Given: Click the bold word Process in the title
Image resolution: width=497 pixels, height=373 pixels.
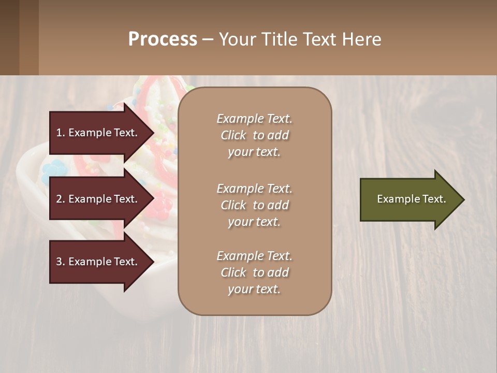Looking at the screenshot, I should pyautogui.click(x=163, y=39).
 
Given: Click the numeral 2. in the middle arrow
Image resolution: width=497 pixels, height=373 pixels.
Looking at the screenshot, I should pyautogui.click(x=60, y=199).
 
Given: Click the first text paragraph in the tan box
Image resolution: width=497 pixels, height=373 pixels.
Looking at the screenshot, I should pyautogui.click(x=254, y=135).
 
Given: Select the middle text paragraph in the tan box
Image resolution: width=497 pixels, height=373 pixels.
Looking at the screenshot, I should pyautogui.click(x=254, y=205).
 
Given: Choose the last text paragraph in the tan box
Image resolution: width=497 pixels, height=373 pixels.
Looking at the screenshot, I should pyautogui.click(x=254, y=272).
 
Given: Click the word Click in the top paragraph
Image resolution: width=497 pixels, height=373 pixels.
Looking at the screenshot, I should pyautogui.click(x=233, y=135).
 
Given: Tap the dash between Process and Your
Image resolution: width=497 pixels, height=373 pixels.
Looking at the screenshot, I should pyautogui.click(x=208, y=39).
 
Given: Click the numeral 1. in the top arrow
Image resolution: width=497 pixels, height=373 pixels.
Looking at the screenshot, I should pyautogui.click(x=60, y=133).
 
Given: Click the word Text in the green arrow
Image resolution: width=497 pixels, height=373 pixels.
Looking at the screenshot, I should pyautogui.click(x=435, y=199).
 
